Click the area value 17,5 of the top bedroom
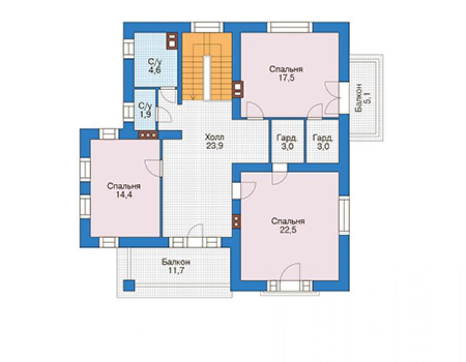coord(286,78)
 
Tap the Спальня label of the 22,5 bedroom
coord(288,221)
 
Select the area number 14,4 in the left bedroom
coord(124,195)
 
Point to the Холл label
coord(214,137)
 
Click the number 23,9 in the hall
coord(214,146)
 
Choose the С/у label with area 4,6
coord(155,62)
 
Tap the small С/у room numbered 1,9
coord(145,110)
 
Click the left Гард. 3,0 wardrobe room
coord(288,141)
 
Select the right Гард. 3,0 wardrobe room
coord(322,141)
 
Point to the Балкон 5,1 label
coord(363,98)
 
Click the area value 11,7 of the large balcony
coord(176,271)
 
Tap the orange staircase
coord(207,66)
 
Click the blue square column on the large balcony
coord(129,285)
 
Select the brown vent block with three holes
coord(148,135)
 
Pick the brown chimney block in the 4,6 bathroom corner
coord(172,41)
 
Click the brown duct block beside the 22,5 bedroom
coord(236,221)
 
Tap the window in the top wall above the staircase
coord(207,27)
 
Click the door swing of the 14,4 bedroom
coord(153,168)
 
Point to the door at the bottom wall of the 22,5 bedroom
coord(290,272)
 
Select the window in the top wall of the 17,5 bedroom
coord(290,27)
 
